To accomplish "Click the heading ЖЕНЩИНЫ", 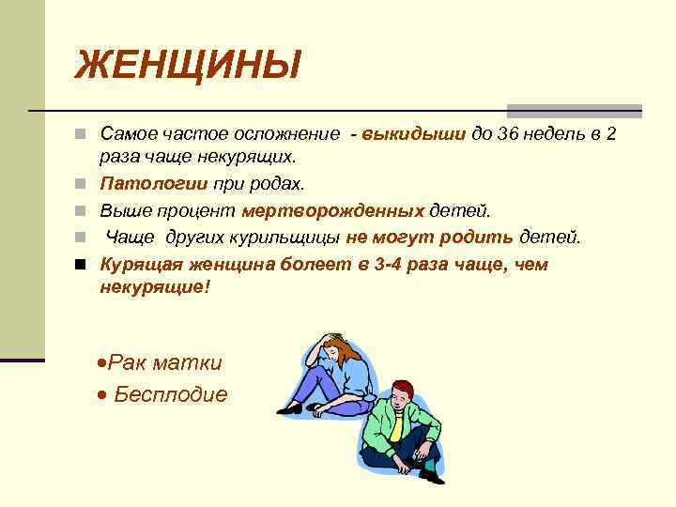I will (x=189, y=66).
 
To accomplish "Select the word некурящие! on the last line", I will (x=156, y=287).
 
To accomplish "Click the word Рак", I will (x=128, y=362).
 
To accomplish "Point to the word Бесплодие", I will (x=170, y=394).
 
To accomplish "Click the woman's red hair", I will (x=341, y=349).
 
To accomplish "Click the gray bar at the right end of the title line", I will (x=575, y=111).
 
